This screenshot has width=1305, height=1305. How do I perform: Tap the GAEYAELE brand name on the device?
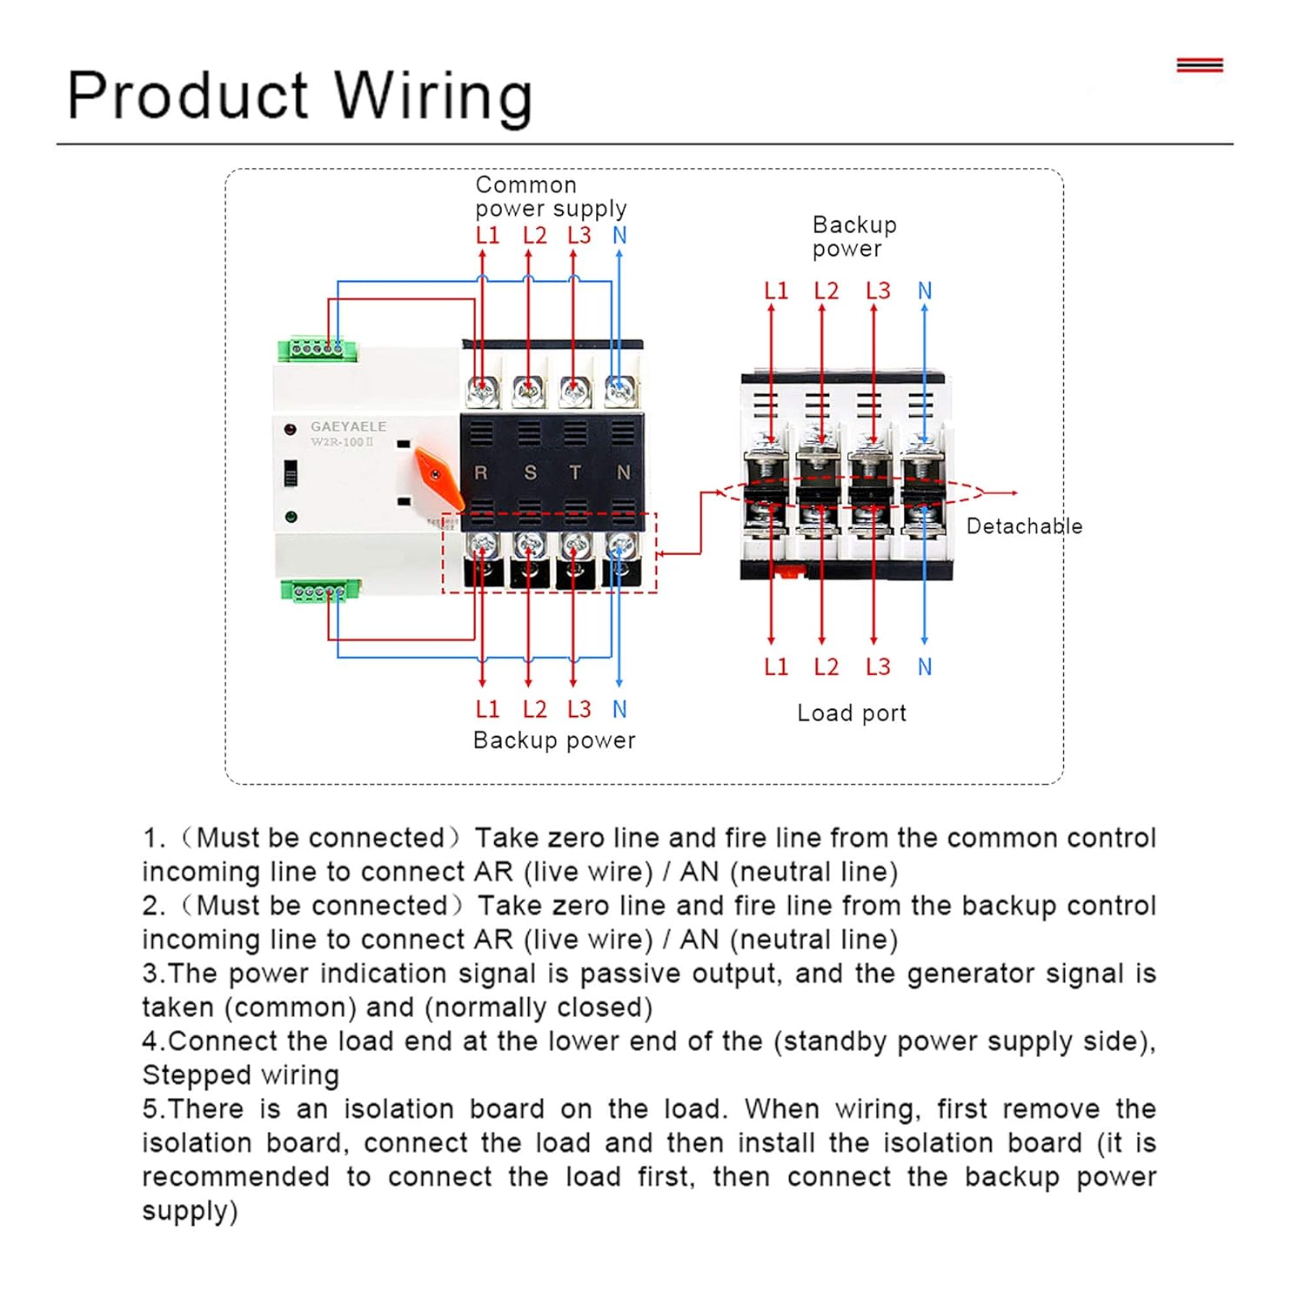(349, 426)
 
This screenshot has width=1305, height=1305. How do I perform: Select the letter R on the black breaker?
(480, 472)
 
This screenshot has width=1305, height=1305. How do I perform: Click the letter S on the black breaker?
(530, 472)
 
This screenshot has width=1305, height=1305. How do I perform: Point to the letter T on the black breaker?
(575, 472)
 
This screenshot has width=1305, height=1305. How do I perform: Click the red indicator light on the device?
(291, 429)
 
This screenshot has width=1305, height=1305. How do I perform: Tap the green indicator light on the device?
(291, 517)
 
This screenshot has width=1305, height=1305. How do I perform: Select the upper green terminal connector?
(318, 350)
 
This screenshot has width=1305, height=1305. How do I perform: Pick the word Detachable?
(1024, 526)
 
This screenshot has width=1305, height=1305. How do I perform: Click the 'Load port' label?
(852, 713)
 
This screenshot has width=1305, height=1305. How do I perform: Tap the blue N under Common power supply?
(619, 236)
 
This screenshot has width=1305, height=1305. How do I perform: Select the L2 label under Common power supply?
(535, 236)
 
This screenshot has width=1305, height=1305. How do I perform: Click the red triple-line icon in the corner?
(1200, 65)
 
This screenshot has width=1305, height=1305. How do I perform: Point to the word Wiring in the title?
(433, 96)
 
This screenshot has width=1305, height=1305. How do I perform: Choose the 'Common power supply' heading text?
(551, 197)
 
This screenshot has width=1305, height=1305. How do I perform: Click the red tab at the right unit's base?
(788, 572)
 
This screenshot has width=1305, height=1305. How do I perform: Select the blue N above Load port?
(925, 667)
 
